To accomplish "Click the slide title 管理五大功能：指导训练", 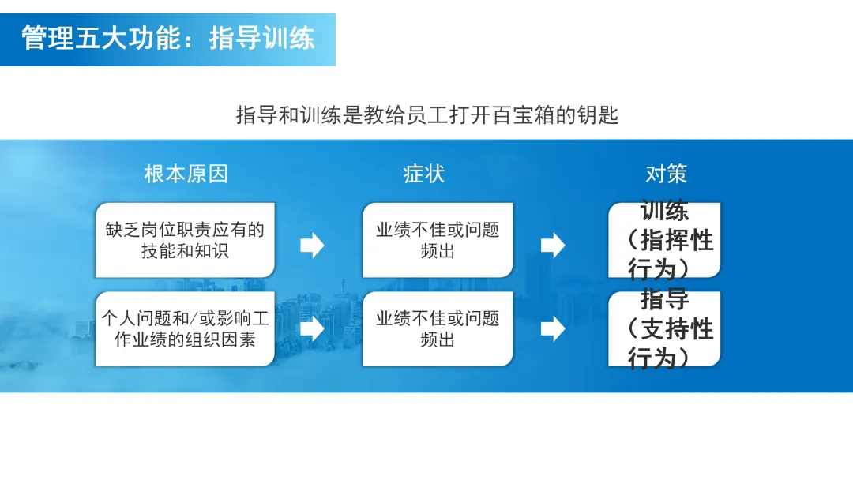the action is pos(167,38).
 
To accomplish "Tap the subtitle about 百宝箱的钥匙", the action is pos(426,114).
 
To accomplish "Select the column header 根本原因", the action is pos(186,174).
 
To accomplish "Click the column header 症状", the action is pos(424,174).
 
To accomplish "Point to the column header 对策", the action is pos(666,174).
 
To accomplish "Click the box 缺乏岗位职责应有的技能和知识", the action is pos(185,240).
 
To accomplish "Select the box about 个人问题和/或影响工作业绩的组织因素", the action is pos(185,328).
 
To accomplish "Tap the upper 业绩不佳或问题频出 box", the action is pos(438,240).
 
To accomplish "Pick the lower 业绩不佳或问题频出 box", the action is pos(438,328).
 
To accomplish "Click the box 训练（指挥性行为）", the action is pos(664,240).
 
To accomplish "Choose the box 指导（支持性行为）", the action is pos(664,328).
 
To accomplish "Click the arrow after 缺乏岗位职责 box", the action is pos(313,246).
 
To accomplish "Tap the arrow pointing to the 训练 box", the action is pos(553,246).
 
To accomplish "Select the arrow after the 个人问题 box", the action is pos(313,328).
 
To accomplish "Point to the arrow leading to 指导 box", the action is pos(553,328).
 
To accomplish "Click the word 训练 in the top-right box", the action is pos(664,211).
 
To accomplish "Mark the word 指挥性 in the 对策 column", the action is pos(677,240).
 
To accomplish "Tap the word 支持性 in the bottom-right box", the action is pos(677,328).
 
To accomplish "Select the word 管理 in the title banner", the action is pos(47,38).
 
